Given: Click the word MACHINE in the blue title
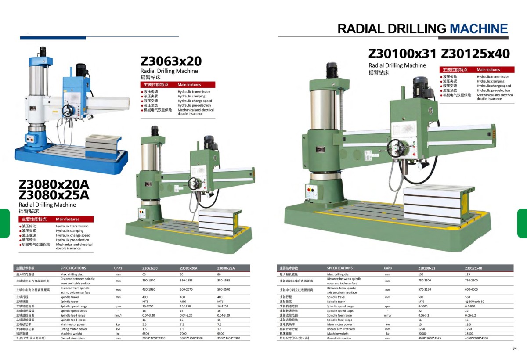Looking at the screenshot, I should [479, 29].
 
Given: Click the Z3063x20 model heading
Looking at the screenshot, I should [171, 61].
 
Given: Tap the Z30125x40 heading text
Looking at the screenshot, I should [475, 54].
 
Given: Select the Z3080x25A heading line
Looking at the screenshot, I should [54, 194].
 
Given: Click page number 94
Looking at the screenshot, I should [515, 349].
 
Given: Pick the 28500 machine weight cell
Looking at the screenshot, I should [471, 333].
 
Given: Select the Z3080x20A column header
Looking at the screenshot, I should [188, 268].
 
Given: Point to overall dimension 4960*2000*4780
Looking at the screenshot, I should [476, 338].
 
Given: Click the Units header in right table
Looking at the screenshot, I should [387, 268].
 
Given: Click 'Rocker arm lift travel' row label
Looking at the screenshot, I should [341, 329].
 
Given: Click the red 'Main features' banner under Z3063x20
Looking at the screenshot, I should [177, 84].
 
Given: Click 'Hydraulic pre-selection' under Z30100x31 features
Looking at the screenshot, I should [493, 90].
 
